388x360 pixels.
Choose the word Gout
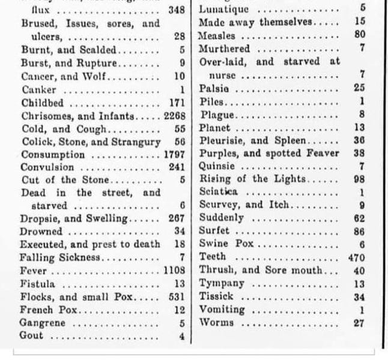coord(31,336)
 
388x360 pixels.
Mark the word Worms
coord(215,322)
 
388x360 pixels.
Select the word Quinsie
coord(216,167)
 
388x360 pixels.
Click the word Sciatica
coord(219,192)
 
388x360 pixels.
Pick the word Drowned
coord(40,231)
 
